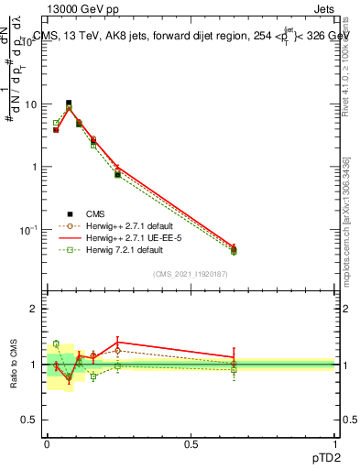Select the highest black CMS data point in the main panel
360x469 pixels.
(x=69, y=104)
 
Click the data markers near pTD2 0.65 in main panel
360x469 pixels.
(x=234, y=249)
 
